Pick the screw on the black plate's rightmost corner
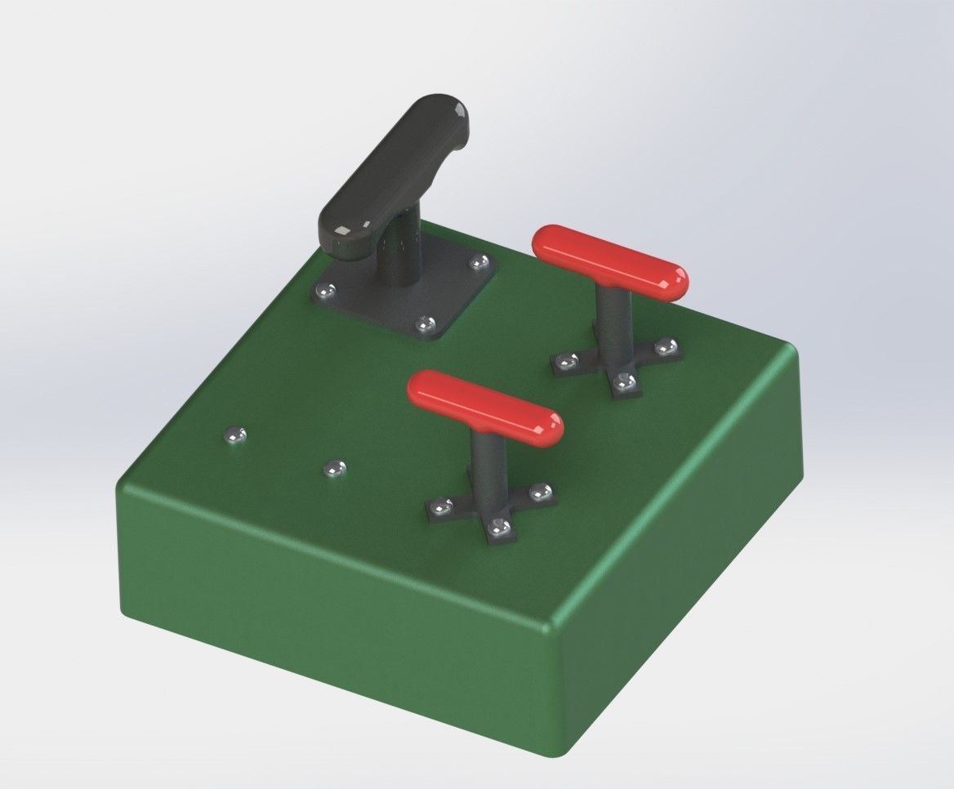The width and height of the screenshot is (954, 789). (x=479, y=262)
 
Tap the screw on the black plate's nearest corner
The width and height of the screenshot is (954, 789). (x=425, y=325)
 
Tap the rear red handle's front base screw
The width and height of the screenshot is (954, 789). (x=625, y=381)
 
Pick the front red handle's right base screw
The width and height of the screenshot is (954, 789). (x=540, y=492)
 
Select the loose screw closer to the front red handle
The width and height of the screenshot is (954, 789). (x=334, y=469)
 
